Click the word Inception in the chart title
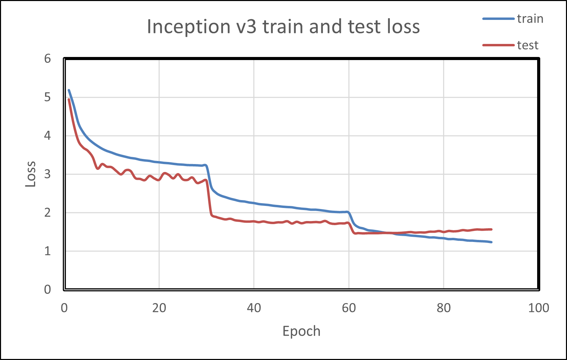(188, 27)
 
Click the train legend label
(530, 19)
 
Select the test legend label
(528, 45)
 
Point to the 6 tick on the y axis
(47, 59)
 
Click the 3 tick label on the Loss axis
(47, 174)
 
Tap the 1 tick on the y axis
(47, 251)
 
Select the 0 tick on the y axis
(47, 289)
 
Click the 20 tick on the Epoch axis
(159, 308)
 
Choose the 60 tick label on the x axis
(349, 308)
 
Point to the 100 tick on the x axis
(538, 308)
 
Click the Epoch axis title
(301, 331)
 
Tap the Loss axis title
(31, 174)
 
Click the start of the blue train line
(69, 90)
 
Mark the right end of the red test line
(491, 229)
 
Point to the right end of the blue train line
(491, 242)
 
